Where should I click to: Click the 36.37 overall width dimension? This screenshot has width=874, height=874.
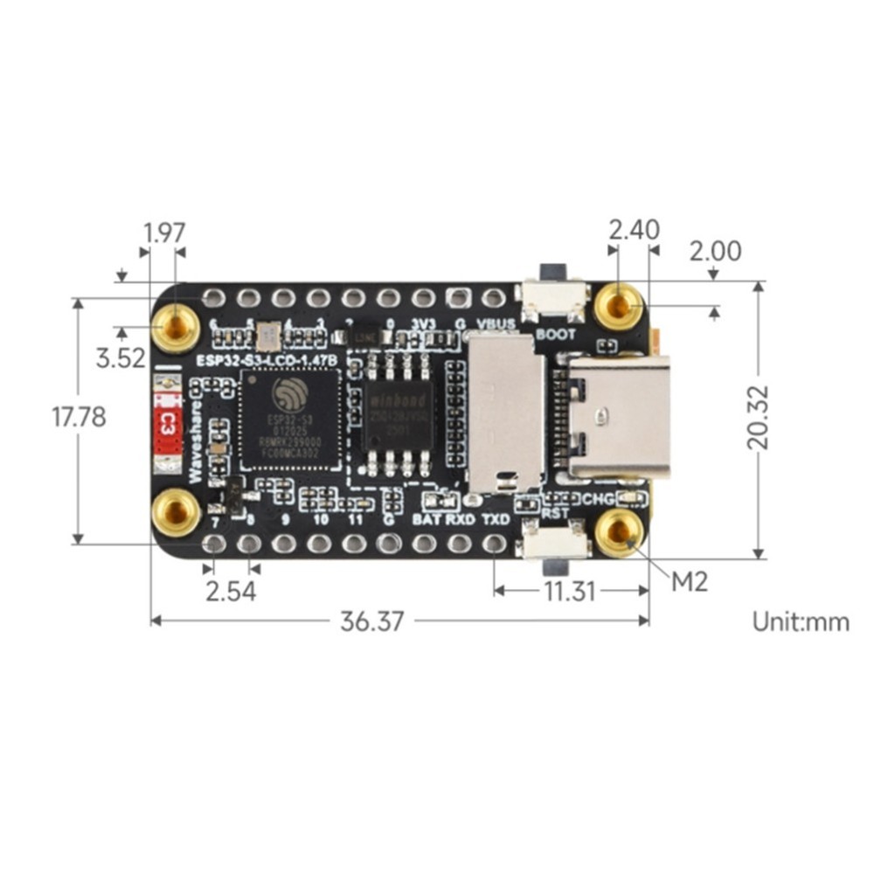point(372,621)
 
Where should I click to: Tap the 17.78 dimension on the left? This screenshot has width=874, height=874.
point(79,417)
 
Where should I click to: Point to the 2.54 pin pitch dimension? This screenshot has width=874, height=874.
point(231,591)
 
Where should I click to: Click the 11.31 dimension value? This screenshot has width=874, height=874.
point(570,592)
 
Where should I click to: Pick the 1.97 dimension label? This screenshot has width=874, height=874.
point(164,233)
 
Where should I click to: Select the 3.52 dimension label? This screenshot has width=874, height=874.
point(121,358)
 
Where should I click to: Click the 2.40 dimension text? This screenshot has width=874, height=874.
point(634,231)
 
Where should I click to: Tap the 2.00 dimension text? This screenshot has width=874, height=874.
point(715,252)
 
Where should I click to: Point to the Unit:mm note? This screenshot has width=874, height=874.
point(801,621)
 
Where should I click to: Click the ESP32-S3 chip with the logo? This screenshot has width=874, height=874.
point(289,420)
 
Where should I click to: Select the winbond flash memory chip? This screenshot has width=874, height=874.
point(398,413)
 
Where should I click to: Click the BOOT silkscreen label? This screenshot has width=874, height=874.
point(555,334)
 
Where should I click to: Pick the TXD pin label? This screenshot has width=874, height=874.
point(496,519)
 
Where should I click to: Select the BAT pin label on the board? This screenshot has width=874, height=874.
point(427,519)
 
